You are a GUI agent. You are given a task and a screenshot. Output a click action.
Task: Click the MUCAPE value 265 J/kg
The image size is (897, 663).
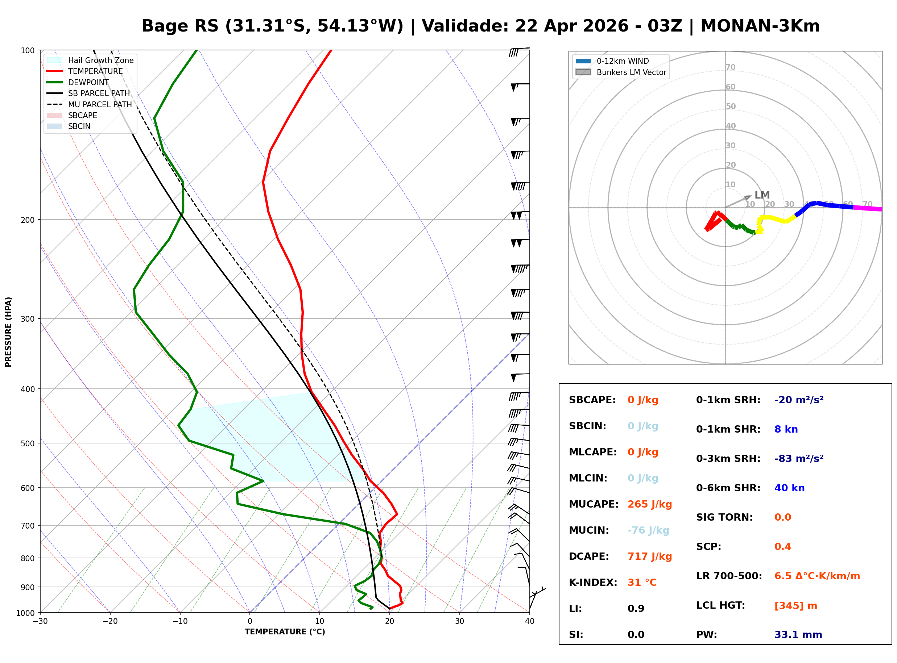(649, 504)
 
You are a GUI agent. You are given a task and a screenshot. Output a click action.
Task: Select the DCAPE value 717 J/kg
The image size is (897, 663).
(649, 556)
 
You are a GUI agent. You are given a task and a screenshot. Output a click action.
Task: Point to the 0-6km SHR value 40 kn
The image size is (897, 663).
(789, 488)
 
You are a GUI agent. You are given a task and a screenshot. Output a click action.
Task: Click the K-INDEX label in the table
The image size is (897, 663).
(593, 582)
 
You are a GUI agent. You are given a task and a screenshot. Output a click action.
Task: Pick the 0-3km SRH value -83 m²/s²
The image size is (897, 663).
(799, 458)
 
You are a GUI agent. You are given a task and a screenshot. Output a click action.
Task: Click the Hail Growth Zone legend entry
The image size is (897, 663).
(100, 60)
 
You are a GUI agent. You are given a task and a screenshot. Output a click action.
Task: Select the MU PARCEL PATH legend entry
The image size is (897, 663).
(100, 104)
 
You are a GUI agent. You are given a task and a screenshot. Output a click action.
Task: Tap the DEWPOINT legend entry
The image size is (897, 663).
(88, 82)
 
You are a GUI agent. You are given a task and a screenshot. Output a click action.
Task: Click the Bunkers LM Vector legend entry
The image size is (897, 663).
(631, 72)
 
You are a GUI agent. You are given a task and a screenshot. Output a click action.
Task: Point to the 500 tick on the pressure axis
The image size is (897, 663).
(28, 443)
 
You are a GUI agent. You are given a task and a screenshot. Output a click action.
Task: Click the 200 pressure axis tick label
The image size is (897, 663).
(28, 220)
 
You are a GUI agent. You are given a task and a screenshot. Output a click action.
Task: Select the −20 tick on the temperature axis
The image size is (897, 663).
(109, 621)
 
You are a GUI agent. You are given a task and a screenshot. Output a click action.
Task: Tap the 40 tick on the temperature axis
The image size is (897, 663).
(529, 621)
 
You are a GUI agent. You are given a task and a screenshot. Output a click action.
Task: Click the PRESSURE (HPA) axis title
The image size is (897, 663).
(8, 331)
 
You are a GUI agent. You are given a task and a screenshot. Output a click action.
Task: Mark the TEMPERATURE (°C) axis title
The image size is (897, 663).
(285, 632)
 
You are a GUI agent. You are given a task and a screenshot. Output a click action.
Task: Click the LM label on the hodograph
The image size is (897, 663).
(762, 195)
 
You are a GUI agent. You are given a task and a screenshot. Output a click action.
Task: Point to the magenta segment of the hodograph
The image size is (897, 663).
(867, 208)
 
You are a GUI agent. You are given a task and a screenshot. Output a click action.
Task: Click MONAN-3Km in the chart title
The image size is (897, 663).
(760, 26)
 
